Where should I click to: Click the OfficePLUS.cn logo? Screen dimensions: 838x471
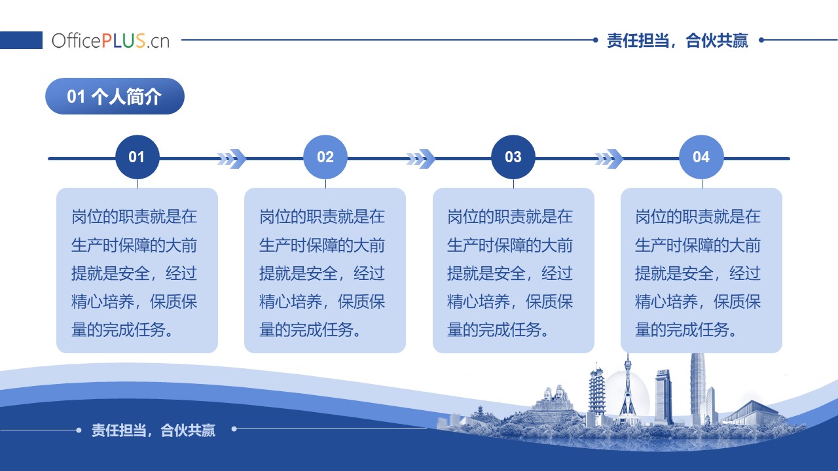click(111, 41)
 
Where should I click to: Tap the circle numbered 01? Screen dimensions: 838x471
click(137, 157)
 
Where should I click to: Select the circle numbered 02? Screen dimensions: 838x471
click(325, 157)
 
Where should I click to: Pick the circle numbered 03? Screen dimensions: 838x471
click(513, 157)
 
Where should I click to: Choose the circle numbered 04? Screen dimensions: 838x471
click(701, 157)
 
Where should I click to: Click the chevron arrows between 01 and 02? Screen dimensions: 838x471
click(232, 158)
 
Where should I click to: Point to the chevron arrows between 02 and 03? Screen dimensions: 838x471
click(420, 158)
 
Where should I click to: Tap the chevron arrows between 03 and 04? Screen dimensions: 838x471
click(609, 158)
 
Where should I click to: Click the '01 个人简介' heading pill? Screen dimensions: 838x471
click(115, 96)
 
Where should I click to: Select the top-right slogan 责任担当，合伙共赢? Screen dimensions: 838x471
click(677, 41)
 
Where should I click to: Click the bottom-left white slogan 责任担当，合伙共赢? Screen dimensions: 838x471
click(153, 430)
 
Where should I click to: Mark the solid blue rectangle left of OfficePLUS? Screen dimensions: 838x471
click(21, 40)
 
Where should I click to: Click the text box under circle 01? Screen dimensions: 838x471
click(137, 270)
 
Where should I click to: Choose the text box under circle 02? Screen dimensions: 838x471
click(325, 270)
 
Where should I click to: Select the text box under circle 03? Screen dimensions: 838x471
click(513, 270)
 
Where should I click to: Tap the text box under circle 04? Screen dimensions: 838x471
click(701, 270)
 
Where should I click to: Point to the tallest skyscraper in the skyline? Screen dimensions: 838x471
click(698, 389)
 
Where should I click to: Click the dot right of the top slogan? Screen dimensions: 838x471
click(761, 40)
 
